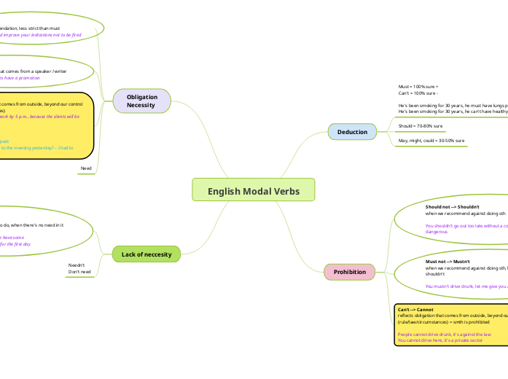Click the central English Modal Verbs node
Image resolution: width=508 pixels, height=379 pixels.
point(253,191)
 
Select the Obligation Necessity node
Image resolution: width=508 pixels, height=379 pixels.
point(142,101)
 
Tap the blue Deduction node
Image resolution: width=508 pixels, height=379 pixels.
point(352,132)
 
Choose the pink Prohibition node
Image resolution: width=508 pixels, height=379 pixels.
point(349,272)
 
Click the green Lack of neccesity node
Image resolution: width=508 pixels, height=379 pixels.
point(146,254)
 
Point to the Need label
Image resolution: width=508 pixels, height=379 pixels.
point(86,168)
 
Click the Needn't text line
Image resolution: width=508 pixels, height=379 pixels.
point(77,265)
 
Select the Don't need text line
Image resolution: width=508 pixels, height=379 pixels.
point(79,272)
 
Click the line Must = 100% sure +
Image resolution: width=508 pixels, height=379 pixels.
point(418,87)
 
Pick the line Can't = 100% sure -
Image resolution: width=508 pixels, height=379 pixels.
point(418,93)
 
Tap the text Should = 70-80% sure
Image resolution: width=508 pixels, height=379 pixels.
point(421,126)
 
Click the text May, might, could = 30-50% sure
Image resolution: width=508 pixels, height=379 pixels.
point(431,140)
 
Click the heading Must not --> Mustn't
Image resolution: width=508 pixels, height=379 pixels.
point(448,261)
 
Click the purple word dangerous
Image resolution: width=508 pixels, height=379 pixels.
point(437,232)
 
